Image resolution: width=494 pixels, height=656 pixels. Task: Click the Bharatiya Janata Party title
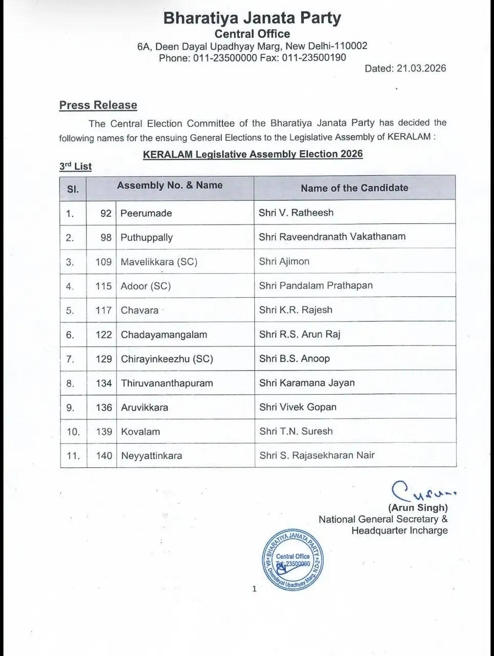(x=252, y=18)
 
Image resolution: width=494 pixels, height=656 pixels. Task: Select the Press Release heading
(x=98, y=105)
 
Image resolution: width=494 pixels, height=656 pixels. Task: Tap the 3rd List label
(x=75, y=166)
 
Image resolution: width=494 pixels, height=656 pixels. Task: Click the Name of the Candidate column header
(x=354, y=188)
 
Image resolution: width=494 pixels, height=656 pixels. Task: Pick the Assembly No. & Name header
(x=170, y=186)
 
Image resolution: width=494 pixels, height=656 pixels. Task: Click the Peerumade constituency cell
(x=146, y=213)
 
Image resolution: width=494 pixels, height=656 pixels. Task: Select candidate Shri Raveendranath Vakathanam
(x=332, y=237)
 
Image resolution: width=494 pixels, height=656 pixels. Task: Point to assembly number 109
(x=103, y=262)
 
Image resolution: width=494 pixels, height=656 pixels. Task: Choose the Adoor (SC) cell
(x=146, y=286)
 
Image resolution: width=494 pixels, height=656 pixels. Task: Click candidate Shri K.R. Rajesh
(x=296, y=310)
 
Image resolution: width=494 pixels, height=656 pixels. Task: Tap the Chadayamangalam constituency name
(x=164, y=335)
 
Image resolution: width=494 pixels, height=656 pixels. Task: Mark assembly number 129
(x=104, y=359)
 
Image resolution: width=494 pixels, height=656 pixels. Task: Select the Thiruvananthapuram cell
(x=167, y=383)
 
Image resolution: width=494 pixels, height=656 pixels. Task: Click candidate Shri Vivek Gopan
(x=298, y=407)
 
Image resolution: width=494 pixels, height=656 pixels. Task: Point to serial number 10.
(x=73, y=432)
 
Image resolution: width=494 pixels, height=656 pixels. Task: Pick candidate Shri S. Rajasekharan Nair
(x=317, y=456)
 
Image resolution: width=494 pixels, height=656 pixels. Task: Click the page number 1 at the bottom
(x=254, y=589)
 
